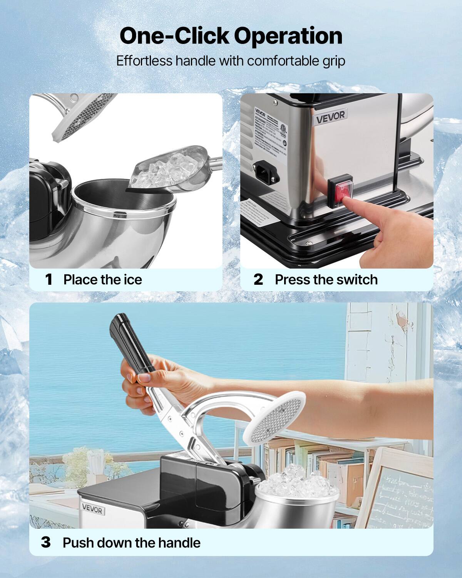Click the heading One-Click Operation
pos(231,36)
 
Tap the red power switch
pos(340,190)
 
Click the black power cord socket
pos(266,171)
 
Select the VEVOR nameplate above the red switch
pos(330,116)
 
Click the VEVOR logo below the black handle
pos(92,510)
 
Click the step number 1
pos(49,279)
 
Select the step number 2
pos(258,279)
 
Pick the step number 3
pos(46,543)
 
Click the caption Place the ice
pos(102,279)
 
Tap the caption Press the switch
pos(326,279)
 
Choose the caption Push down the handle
pos(131,543)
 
